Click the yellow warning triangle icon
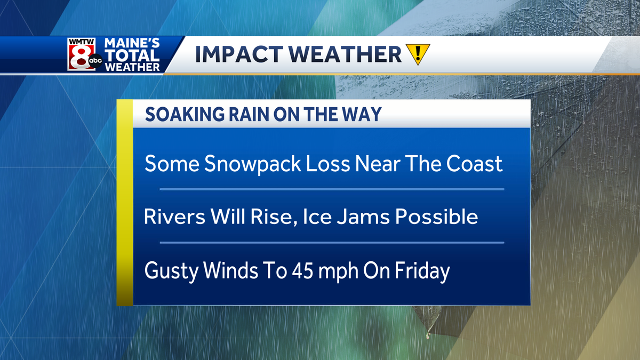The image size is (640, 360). click(418, 54)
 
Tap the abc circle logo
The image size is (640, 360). click(95, 61)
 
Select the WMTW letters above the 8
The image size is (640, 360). click(81, 42)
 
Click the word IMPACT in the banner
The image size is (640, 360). click(238, 54)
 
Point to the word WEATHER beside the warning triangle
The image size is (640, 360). click(345, 54)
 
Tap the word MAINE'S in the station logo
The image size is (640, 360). click(132, 43)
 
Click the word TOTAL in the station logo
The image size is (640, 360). click(132, 55)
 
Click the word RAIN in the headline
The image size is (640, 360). click(249, 114)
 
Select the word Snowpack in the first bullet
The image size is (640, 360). click(253, 164)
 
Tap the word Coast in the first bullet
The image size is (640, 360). click(474, 164)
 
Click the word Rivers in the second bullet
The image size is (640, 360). click(174, 217)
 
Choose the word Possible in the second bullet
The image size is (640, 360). click(437, 217)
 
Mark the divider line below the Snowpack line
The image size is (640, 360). click(332, 189)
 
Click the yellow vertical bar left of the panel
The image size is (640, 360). click(125, 203)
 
